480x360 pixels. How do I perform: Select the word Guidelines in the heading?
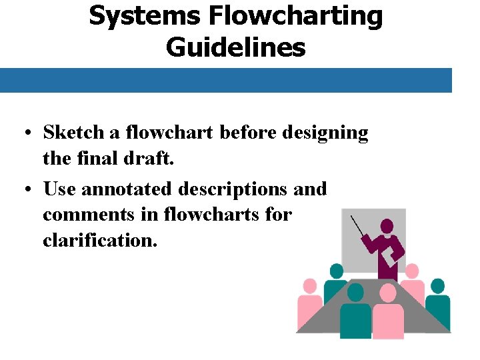point(235,47)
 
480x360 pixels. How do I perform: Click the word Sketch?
point(73,132)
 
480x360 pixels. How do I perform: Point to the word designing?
point(325,133)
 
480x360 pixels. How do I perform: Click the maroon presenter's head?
point(387,226)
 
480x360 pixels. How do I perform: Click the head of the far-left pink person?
point(309,287)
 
